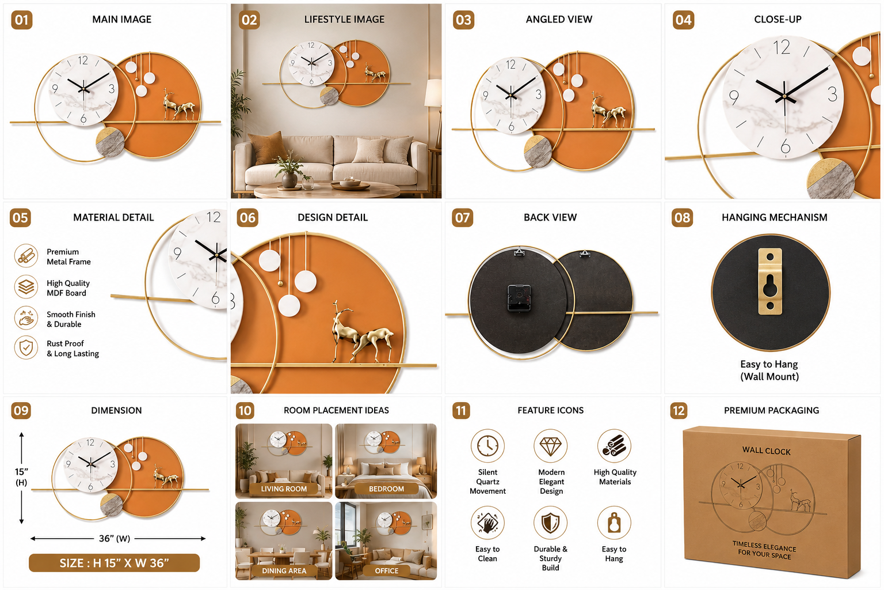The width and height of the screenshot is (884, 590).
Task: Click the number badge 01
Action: tap(22, 20)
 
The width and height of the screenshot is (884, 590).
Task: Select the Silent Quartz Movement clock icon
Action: tap(487, 446)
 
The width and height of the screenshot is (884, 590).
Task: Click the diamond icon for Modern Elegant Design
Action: tap(551, 446)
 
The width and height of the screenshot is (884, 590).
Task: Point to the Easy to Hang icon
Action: tap(614, 523)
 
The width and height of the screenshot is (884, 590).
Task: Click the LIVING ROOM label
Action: tap(284, 489)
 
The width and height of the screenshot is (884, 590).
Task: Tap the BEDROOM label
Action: tap(386, 489)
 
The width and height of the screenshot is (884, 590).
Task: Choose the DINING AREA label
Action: tap(284, 570)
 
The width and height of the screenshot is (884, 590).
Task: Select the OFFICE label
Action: tap(387, 570)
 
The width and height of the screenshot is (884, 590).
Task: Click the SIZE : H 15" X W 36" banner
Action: tap(115, 563)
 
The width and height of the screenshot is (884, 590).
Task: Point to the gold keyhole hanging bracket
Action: tap(770, 281)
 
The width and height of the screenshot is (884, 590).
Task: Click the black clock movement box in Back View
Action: tap(519, 297)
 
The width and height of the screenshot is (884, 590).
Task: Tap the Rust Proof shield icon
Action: tap(26, 348)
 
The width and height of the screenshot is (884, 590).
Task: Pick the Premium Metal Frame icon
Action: tap(26, 256)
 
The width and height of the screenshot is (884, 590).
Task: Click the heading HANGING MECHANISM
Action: tap(774, 217)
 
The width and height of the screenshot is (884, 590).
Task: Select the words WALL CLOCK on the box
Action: tap(767, 451)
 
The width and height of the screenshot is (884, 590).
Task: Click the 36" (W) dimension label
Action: tap(115, 538)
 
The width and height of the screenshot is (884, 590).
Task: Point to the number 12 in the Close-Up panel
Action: tap(782, 47)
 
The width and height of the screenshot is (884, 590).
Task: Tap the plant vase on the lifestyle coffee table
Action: tap(289, 180)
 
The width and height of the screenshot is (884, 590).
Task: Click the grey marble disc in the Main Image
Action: tap(110, 142)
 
